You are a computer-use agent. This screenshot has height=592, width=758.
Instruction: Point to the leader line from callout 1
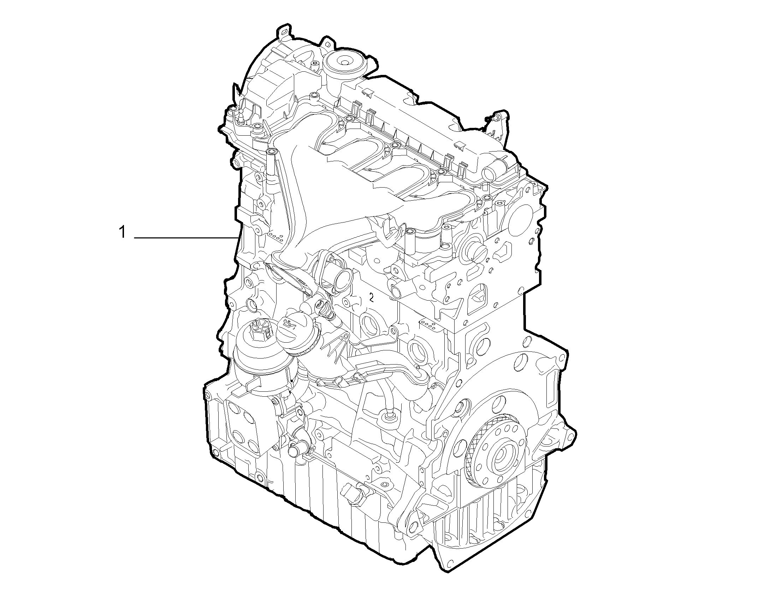[185, 238]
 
